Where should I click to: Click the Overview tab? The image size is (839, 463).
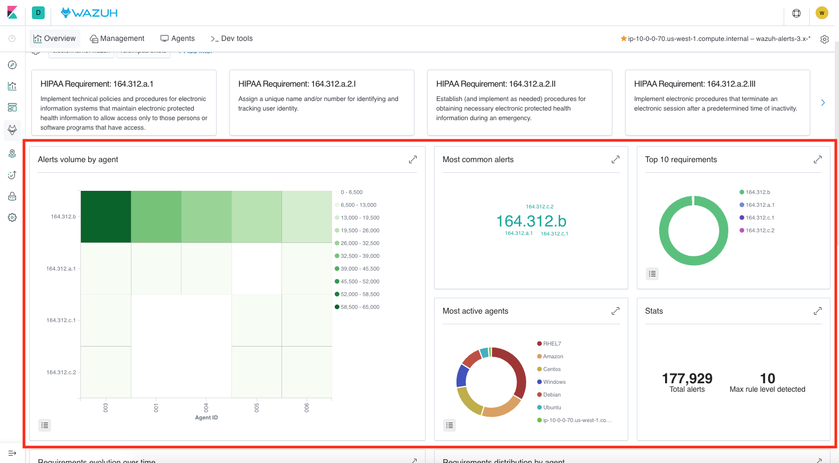pyautogui.click(x=55, y=38)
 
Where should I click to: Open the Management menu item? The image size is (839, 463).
pyautogui.click(x=117, y=38)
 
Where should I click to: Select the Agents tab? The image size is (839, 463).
pyautogui.click(x=178, y=38)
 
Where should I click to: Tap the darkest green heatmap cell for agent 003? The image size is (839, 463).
pyautogui.click(x=106, y=216)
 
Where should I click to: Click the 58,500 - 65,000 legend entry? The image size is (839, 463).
pyautogui.click(x=359, y=307)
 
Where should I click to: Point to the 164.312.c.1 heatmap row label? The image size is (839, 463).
pyautogui.click(x=61, y=320)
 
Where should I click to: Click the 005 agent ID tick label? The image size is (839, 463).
pyautogui.click(x=257, y=407)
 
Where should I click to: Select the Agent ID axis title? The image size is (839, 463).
pyautogui.click(x=206, y=417)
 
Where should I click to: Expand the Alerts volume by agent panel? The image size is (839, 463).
pyautogui.click(x=412, y=159)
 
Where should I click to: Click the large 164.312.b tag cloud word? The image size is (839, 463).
pyautogui.click(x=531, y=221)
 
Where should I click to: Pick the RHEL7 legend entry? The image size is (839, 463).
pyautogui.click(x=551, y=343)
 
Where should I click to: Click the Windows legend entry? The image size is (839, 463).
pyautogui.click(x=554, y=382)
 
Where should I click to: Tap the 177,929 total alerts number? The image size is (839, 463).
pyautogui.click(x=687, y=378)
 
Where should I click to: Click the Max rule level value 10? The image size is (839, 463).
pyautogui.click(x=767, y=378)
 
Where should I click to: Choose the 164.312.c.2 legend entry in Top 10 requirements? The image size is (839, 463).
pyautogui.click(x=759, y=230)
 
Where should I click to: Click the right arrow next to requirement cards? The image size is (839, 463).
pyautogui.click(x=823, y=103)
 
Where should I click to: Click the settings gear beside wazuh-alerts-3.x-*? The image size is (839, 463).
pyautogui.click(x=824, y=39)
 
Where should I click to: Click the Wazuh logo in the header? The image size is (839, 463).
pyautogui.click(x=89, y=13)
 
